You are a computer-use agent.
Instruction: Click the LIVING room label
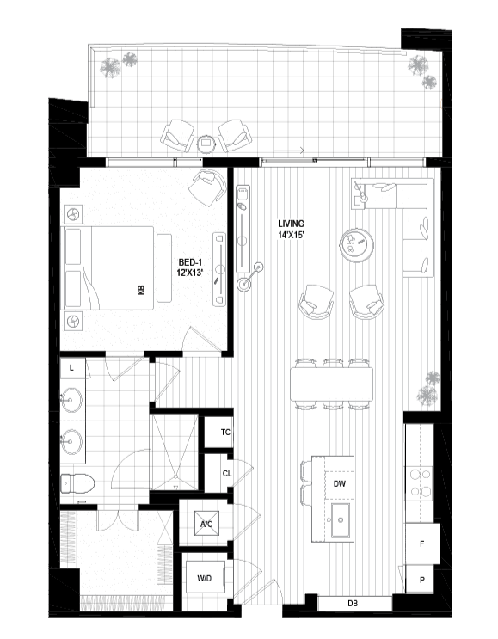point(291,224)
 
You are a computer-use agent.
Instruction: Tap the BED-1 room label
point(190,263)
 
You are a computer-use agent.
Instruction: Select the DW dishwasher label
point(340,483)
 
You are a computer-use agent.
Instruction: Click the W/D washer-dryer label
point(204,578)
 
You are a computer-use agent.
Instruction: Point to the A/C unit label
point(206,524)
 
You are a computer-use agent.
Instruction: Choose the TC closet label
point(225,433)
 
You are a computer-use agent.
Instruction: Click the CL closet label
point(227,474)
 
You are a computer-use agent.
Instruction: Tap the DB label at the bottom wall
point(353,603)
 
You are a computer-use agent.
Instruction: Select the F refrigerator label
point(422,544)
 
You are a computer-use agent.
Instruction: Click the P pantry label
point(422,580)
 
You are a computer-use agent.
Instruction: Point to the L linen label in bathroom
point(71,368)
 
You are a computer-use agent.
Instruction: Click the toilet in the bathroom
point(77,484)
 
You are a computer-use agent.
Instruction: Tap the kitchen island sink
point(341,520)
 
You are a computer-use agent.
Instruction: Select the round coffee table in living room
point(357,246)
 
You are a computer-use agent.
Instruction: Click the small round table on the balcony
point(206,144)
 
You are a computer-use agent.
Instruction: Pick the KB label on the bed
point(141,290)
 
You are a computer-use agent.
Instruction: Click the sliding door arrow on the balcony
point(289,151)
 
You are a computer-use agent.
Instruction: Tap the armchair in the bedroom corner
point(207,187)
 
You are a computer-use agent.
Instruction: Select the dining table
point(332,384)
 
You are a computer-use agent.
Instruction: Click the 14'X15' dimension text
point(292,235)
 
